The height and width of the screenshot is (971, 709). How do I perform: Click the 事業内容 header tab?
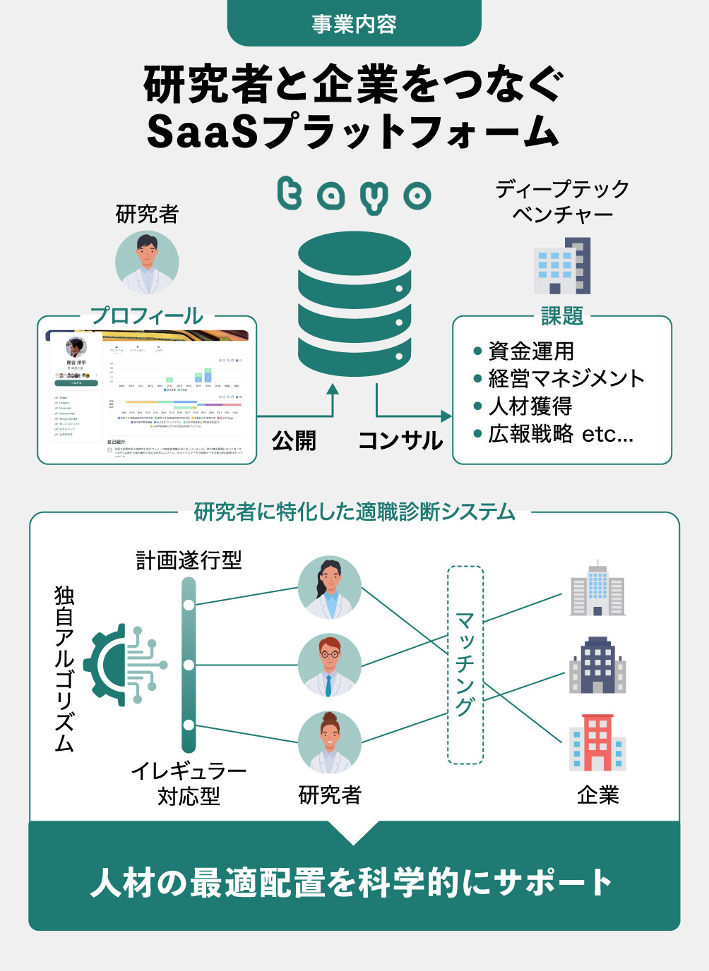(x=354, y=24)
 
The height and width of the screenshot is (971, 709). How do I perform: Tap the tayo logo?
(x=354, y=195)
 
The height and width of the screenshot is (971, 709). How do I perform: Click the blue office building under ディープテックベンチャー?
(x=562, y=267)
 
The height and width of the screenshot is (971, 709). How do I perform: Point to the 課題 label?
(x=562, y=316)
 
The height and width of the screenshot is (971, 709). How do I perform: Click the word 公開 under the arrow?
(x=294, y=440)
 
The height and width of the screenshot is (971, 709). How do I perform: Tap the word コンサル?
(x=400, y=440)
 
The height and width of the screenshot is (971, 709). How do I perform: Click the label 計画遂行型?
(x=189, y=560)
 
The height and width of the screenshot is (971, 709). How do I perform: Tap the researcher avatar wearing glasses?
(x=329, y=665)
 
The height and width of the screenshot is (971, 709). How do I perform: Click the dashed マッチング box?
(x=465, y=665)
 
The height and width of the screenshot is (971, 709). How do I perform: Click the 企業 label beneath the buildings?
(x=597, y=795)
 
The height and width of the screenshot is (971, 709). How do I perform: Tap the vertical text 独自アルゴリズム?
(x=64, y=668)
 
